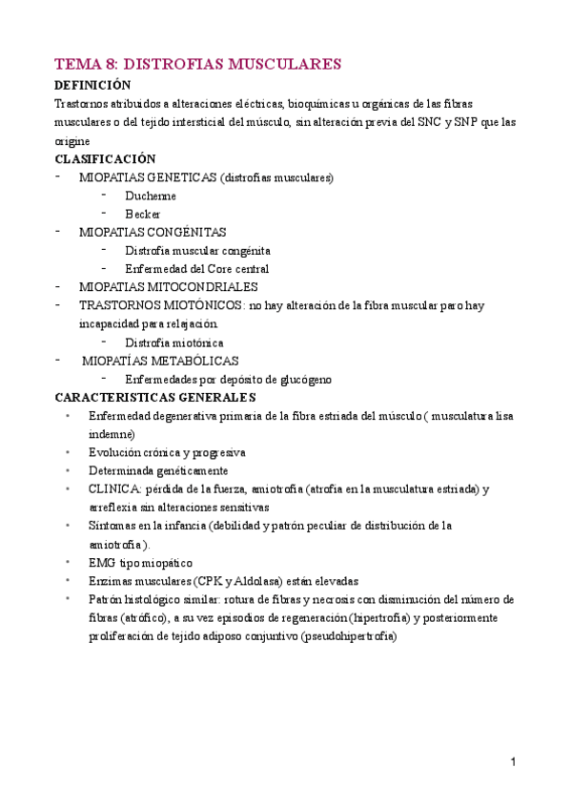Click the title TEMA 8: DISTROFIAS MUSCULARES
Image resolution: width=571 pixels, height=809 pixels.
tap(198, 64)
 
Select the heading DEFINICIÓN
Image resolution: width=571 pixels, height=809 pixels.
tap(92, 85)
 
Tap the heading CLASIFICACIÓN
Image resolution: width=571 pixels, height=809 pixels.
tap(105, 158)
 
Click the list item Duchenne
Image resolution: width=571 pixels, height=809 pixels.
tap(150, 196)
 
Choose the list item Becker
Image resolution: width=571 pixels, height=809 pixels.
tap(142, 214)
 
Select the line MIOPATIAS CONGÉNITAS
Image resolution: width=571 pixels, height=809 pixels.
tap(153, 232)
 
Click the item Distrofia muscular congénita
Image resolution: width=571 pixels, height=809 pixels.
tap(191, 250)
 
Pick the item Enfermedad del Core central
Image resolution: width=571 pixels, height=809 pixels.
tap(196, 269)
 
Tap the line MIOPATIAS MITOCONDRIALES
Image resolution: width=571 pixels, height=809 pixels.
tap(168, 286)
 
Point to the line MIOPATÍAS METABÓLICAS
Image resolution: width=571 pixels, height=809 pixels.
tap(160, 361)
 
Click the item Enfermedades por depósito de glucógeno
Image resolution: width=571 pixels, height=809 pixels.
tap(228, 379)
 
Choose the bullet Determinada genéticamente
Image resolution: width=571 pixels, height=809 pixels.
tap(158, 470)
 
